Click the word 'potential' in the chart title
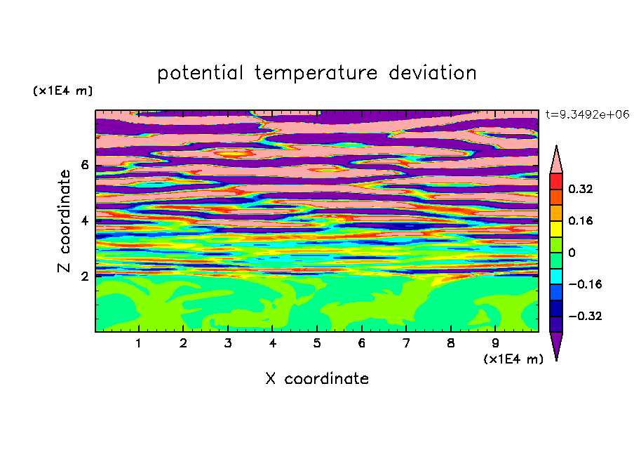point(200,73)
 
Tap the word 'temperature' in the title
point(316,73)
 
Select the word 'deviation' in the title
point(433,73)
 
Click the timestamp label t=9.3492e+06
point(587,114)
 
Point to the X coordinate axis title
point(317,378)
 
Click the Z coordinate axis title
point(64,220)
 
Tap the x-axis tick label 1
point(139,343)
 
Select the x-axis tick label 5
point(317,343)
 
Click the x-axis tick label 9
point(495,343)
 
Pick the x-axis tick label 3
point(228,343)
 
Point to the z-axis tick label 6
point(84,165)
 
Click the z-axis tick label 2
point(84,276)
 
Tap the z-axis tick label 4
point(84,220)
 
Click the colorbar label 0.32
point(580,189)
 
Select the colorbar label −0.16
point(585,284)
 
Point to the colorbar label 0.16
point(580,220)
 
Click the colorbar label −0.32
point(585,316)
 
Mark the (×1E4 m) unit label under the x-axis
point(513,359)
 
